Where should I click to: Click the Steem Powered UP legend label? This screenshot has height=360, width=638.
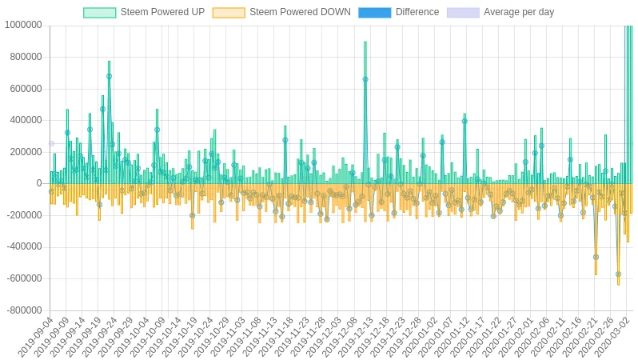162,12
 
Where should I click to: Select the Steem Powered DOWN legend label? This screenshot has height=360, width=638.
300,12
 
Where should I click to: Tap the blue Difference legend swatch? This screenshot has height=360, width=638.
374,13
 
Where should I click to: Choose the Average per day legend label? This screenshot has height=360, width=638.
519,12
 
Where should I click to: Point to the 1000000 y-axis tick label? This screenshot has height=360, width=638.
23,26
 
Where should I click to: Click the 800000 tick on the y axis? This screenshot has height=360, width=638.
26,57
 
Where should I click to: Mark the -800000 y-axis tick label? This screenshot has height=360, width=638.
25,310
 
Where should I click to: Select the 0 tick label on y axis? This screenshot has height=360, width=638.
39,184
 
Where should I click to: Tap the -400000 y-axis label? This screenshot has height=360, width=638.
25,247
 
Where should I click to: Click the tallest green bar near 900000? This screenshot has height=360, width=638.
365,112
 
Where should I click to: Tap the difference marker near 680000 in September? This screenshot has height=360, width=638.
109,77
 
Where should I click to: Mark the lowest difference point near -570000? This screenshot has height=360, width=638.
619,274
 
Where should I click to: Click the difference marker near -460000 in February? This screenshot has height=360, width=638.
596,258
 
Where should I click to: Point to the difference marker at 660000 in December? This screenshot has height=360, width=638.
365,79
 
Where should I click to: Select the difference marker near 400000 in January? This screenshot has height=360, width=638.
465,122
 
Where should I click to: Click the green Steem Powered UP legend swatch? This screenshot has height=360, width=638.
100,13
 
